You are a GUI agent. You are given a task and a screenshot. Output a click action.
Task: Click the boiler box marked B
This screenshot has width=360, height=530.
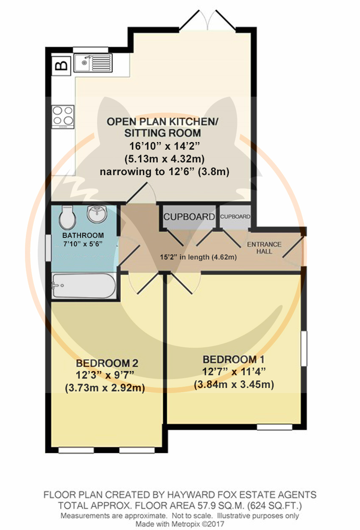pos(61,66)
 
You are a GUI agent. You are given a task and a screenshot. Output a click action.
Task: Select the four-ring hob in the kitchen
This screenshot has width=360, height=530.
pos(63,117)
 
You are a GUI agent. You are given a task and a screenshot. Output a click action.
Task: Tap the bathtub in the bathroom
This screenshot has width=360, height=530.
pos(84,286)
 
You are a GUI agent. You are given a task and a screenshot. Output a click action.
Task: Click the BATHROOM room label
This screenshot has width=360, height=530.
pos(83,235)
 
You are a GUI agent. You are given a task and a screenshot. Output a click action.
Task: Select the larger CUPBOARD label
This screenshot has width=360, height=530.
pos(189,217)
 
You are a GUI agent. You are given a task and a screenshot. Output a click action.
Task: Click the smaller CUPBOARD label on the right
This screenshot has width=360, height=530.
pos(235,217)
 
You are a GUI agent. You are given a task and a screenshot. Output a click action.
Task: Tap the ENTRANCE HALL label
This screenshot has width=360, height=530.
pos(264,248)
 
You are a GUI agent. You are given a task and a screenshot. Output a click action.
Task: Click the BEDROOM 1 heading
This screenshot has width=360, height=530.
pos(234,360)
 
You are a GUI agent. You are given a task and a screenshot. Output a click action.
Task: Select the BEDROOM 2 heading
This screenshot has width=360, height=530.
pos(107,363)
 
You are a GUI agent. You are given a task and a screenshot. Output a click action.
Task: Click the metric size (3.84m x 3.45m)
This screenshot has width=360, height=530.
pos(234,385)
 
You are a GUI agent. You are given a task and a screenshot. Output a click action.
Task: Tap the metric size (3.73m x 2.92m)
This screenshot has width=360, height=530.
pos(105,388)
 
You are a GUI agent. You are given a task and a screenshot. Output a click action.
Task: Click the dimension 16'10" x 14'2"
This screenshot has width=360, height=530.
pos(165,146)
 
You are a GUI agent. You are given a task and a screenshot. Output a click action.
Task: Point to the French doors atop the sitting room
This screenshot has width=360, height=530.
pos(208,21)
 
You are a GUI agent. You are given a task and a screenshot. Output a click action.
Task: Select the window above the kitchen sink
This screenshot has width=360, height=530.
pos(91,50)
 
